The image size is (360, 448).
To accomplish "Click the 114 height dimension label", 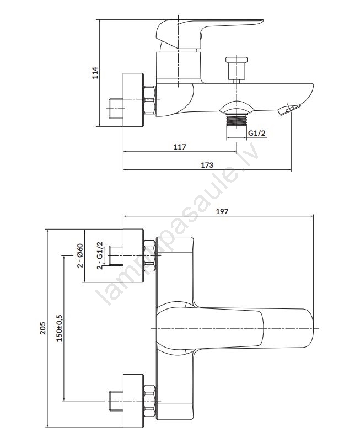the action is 95,73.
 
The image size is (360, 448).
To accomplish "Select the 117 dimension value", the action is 180,147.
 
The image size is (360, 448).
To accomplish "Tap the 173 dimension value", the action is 207,165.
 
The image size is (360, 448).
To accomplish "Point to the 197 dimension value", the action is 222,211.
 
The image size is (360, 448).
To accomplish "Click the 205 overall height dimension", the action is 42,328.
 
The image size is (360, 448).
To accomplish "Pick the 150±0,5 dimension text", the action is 59,328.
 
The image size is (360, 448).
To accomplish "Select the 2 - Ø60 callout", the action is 80,255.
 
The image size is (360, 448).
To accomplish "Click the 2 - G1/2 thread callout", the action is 99,255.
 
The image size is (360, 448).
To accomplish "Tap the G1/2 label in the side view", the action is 256,133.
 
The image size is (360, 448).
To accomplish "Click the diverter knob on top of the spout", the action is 237,68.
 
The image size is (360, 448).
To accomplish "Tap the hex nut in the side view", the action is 149,100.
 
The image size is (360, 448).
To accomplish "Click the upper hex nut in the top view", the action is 150,255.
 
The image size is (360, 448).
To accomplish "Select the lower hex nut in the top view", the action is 150,401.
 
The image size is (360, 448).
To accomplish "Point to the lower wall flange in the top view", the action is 133,404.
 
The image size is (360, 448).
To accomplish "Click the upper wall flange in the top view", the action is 133,255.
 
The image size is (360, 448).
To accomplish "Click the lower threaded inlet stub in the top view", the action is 116,401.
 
